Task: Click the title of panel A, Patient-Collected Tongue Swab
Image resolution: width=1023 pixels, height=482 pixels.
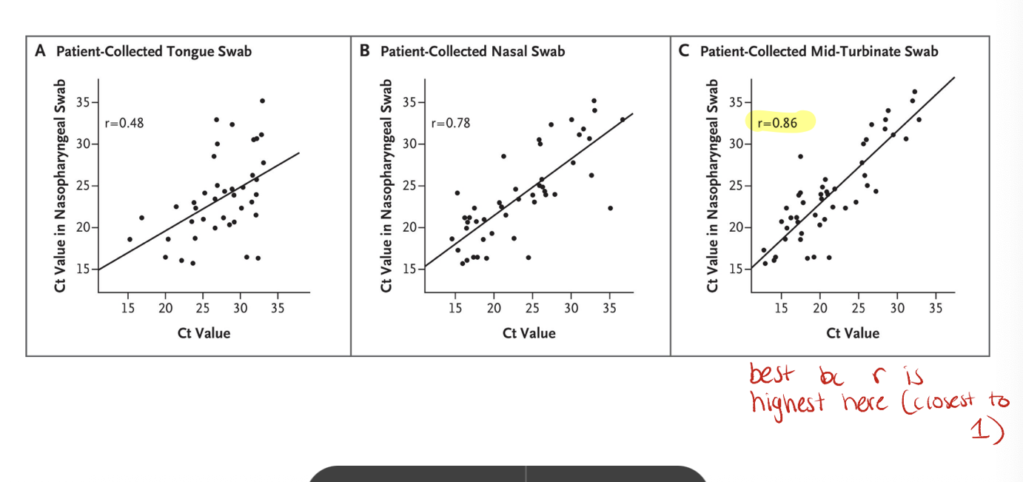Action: point(154,51)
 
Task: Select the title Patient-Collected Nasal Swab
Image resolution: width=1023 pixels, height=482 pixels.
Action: point(472,51)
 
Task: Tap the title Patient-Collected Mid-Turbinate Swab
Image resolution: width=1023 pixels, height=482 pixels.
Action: point(819,51)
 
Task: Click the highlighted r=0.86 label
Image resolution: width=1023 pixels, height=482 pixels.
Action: point(778,123)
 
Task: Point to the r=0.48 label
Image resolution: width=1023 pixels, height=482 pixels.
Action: point(124,123)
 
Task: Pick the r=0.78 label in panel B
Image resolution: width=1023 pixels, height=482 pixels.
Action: point(450,123)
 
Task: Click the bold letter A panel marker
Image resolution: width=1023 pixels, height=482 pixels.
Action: point(40,51)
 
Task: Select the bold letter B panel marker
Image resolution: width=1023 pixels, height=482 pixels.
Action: point(364,51)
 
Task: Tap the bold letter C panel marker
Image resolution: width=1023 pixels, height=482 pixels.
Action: point(684,51)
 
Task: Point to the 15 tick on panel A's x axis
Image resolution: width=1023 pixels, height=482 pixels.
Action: point(128,308)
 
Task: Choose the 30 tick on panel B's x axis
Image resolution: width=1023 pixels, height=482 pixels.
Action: point(571,308)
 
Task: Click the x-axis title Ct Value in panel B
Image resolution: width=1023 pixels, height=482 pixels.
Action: point(529,333)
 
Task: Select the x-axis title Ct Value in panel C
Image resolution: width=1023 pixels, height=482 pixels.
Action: point(853,333)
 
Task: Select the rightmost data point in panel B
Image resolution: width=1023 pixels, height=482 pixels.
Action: point(623,119)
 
